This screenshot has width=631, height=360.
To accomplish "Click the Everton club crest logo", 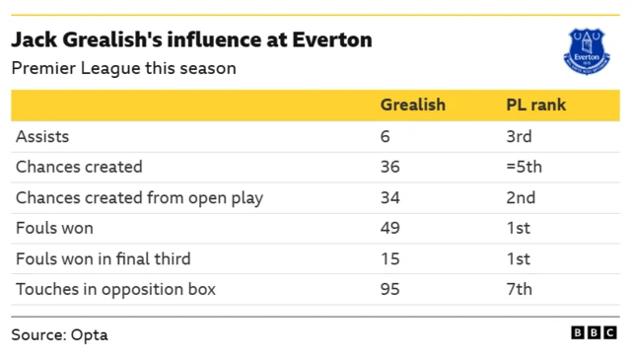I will coord(587,49).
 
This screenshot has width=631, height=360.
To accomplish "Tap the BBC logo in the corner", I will coord(595,333).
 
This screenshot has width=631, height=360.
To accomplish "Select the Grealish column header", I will coord(412,105).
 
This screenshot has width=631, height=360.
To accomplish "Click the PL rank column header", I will coord(535,105).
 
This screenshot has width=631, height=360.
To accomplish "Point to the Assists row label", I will coord(42,136).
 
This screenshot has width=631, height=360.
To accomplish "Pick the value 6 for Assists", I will coord(385,136).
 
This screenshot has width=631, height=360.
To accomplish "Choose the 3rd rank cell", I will coord(519,136).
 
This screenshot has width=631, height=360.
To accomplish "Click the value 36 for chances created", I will coord(389,167).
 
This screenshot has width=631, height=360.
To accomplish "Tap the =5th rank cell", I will coord(524,167).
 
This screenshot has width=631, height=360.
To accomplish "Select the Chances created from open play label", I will coord(139,197).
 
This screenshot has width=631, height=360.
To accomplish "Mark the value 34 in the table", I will coord(389,197).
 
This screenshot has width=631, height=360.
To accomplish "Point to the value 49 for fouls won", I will coord(389,228).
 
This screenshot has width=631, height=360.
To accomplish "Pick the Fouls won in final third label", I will coord(103,258).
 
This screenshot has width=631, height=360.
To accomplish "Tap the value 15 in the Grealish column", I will coord(389,258).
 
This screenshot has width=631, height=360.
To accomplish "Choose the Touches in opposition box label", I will coord(115,289).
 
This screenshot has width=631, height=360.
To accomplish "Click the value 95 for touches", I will coord(389,289).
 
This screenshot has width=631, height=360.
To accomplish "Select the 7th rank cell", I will coord(519,289).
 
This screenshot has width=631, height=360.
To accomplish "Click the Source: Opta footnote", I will coord(59,334).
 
